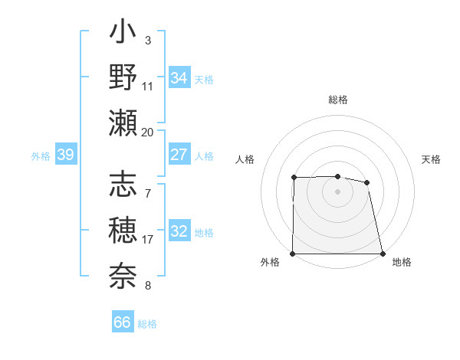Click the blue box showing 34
tap(179, 78)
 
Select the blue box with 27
tap(179, 155)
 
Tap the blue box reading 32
tap(179, 232)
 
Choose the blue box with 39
tap(66, 155)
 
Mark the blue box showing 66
tap(122, 322)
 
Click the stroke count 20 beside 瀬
tap(148, 132)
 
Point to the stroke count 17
tap(148, 240)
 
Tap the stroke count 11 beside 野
tap(148, 86)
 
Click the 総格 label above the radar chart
tap(338, 100)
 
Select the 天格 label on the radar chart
tap(431, 159)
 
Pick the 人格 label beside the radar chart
tap(245, 159)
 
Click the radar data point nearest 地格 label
tap(383, 254)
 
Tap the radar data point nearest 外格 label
tap(293, 254)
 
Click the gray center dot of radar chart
tap(338, 191)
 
